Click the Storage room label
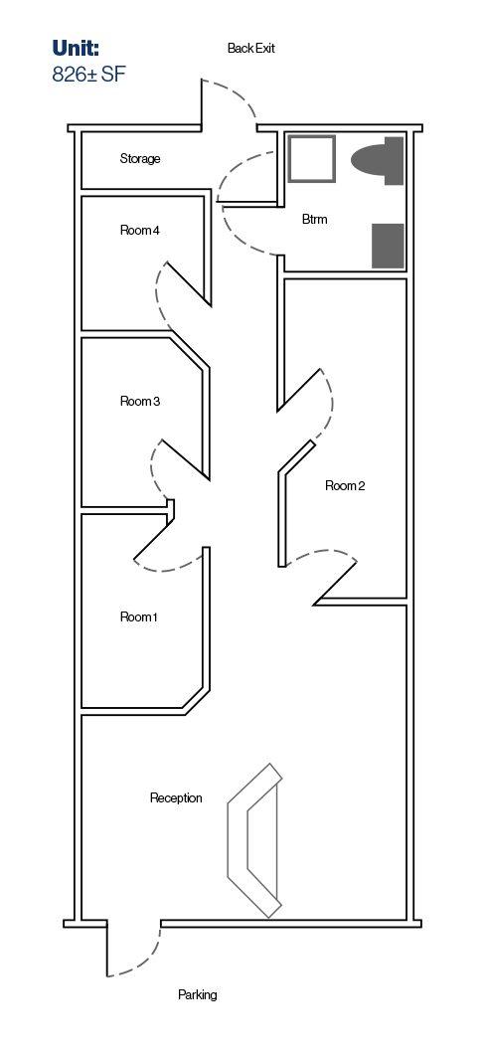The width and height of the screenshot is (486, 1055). tap(140, 159)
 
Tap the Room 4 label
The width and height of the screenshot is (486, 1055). tap(140, 230)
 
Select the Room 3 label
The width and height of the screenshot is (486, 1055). tap(140, 401)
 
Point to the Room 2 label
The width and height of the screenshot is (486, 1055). tap(345, 486)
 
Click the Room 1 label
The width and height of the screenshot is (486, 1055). tap(138, 616)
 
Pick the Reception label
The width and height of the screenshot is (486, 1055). tap(176, 798)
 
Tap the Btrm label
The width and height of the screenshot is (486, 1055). tap(315, 220)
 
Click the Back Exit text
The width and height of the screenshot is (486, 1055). tap(250, 49)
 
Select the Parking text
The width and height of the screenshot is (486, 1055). tap(197, 994)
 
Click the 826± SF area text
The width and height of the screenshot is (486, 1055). tap(88, 74)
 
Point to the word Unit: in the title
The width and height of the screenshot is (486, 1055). tap(76, 48)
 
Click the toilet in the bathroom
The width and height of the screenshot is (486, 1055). tap(378, 160)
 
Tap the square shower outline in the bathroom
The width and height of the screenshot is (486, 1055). tap(312, 159)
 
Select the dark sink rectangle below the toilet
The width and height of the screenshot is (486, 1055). tap(389, 246)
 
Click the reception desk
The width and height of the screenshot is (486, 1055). tap(254, 841)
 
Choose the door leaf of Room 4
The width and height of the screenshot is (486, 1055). tap(188, 283)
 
